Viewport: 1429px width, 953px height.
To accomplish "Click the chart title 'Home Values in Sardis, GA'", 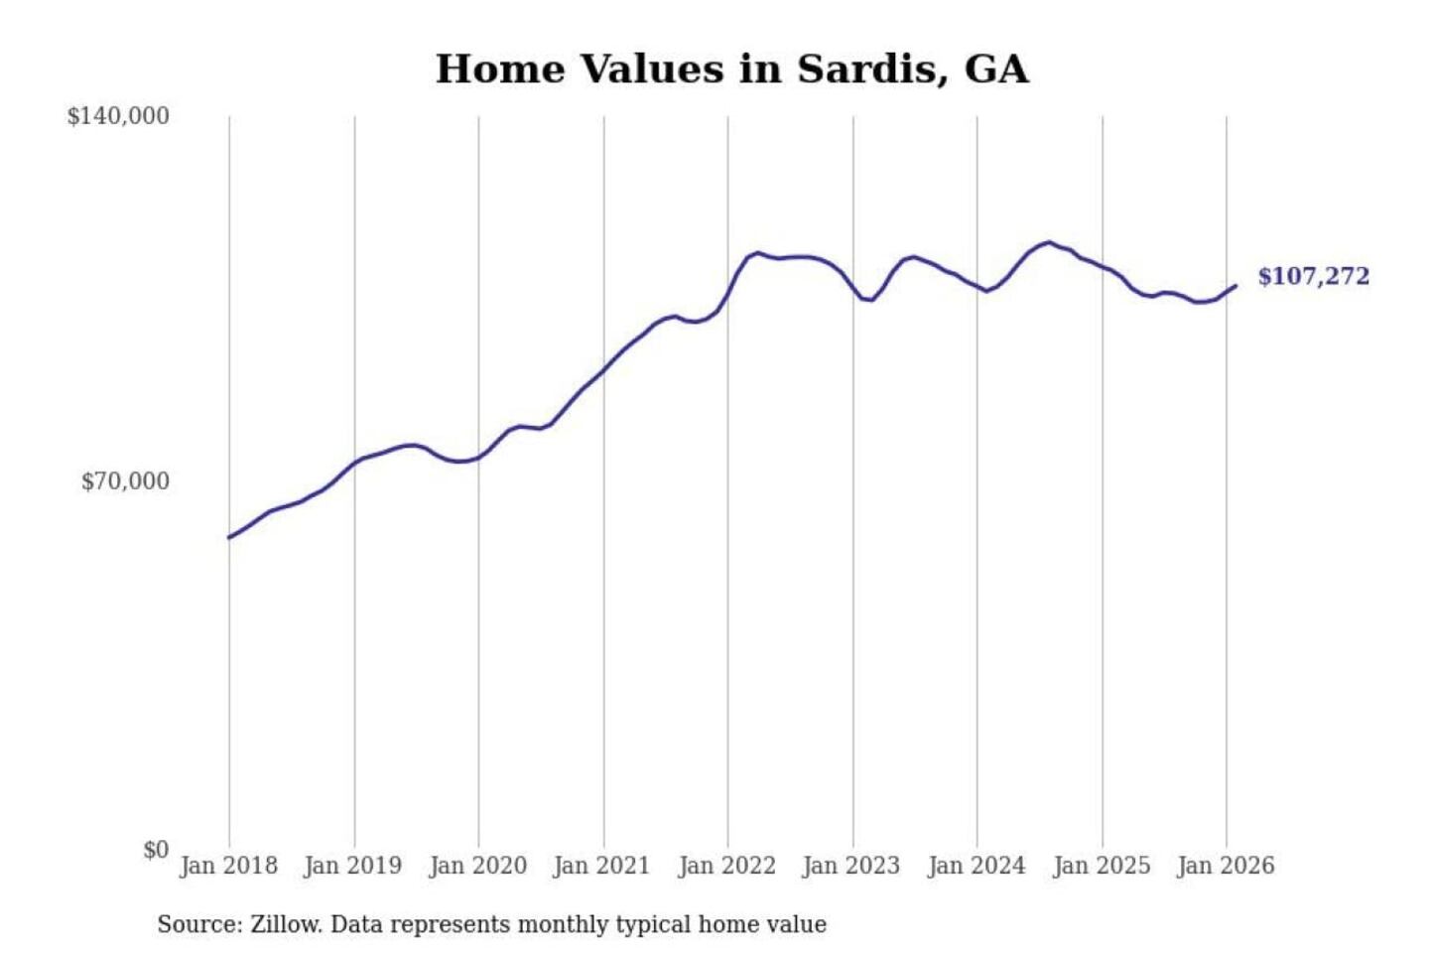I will (x=731, y=69).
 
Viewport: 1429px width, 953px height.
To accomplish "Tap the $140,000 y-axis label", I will (x=118, y=116).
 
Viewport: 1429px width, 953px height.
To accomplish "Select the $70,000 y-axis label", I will (x=125, y=481).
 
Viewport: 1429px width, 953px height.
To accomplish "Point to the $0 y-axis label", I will (x=156, y=850).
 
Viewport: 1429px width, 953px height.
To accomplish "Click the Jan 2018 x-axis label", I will (x=228, y=866).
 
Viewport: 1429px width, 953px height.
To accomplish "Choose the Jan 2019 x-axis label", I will (x=353, y=866).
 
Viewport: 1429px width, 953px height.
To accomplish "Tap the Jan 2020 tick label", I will (x=477, y=866).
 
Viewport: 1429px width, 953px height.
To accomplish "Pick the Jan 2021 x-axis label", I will (x=601, y=866).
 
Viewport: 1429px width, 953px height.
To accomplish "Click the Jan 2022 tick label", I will (x=726, y=866).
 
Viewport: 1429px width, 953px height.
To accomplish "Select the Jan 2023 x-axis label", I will (x=851, y=866).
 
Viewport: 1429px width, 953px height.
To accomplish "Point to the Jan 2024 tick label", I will (x=976, y=866).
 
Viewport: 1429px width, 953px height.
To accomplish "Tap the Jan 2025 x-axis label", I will (x=1102, y=866).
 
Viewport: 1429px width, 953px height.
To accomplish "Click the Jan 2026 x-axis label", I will (x=1226, y=866).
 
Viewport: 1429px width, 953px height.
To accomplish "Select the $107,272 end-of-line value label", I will (x=1313, y=276).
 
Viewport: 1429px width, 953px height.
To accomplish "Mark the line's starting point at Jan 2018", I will (x=229, y=537).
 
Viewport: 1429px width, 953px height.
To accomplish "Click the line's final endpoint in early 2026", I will (x=1235, y=286).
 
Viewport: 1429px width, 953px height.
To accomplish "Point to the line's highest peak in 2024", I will (x=1049, y=242).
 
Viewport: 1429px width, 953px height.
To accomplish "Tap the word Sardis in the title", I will (x=867, y=69).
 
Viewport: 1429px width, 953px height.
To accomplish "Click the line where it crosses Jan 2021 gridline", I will (x=603, y=369).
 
